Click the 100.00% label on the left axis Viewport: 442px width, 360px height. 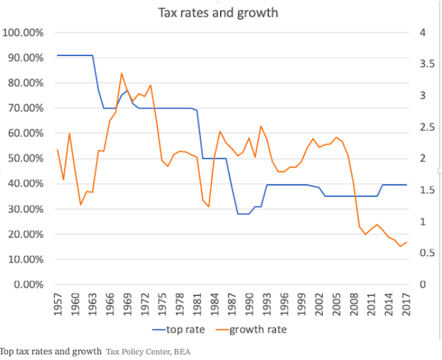(24, 33)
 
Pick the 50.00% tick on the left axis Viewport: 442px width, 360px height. (25, 159)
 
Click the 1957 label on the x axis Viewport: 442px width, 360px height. (58, 303)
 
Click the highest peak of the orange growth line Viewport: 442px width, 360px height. (121, 73)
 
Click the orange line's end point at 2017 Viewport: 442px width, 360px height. (407, 242)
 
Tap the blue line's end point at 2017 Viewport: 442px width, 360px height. (407, 185)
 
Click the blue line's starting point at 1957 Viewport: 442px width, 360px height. (58, 56)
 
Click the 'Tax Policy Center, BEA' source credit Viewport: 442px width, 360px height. (149, 352)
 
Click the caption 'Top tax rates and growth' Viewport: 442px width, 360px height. (51, 352)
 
